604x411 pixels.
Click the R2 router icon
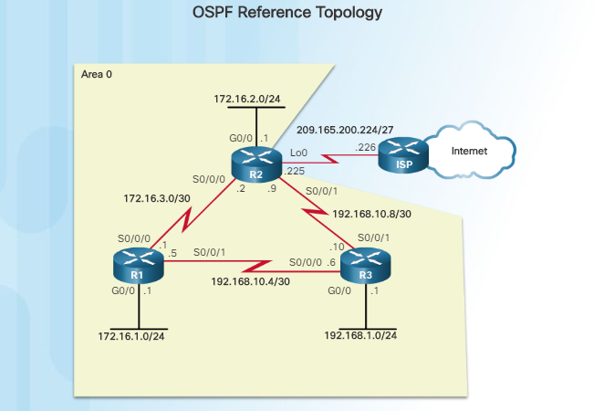256,165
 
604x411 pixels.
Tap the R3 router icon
365,270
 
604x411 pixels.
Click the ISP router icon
405,157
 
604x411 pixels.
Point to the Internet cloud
468,152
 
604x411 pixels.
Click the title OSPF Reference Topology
287,13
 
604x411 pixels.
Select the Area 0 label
98,73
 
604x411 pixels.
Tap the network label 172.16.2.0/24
250,98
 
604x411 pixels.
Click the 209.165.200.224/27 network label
347,130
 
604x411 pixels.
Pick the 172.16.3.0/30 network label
158,196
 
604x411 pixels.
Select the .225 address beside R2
294,171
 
